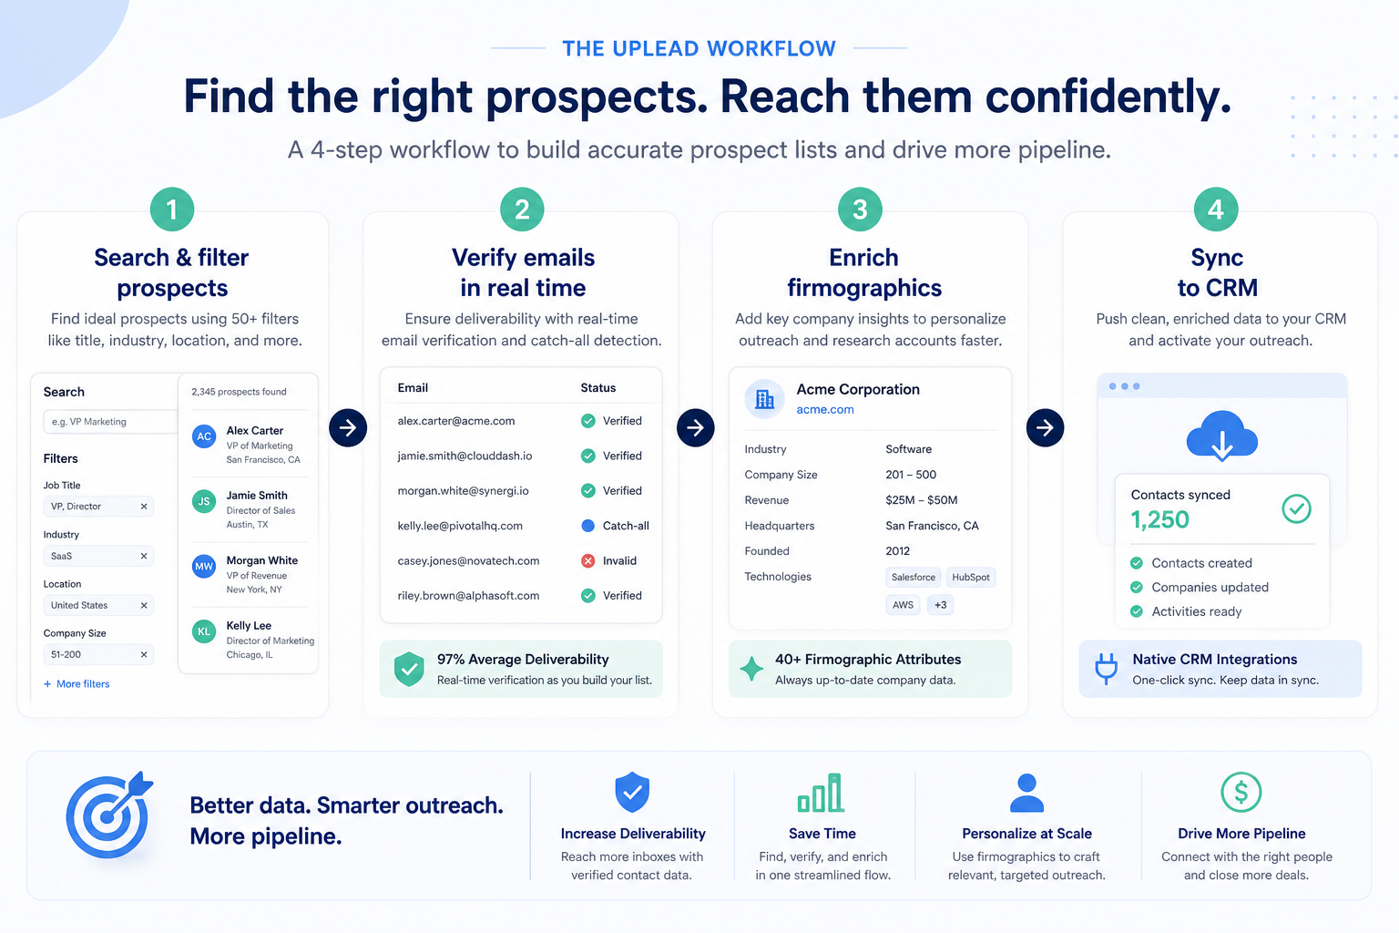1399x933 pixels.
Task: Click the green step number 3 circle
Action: [860, 210]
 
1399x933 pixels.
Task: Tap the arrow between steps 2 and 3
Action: [695, 427]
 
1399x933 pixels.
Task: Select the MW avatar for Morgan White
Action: [204, 566]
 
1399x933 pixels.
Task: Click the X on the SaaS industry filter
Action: [144, 556]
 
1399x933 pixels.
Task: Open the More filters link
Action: [77, 683]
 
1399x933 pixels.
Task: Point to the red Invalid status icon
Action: [587, 560]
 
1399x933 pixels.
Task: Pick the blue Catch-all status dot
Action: [587, 526]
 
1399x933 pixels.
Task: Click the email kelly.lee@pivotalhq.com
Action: [460, 526]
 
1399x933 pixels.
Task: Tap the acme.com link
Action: [824, 409]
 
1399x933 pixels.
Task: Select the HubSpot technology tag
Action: [971, 577]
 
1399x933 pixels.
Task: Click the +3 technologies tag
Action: [940, 604]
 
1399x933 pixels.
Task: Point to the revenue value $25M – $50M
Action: [921, 500]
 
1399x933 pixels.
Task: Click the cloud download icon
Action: [1221, 436]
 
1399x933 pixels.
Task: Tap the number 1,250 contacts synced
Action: [1159, 519]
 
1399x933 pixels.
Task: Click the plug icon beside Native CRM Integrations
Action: [1106, 668]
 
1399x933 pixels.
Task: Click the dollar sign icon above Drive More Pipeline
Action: [1241, 792]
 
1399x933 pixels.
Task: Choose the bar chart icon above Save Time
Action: [821, 793]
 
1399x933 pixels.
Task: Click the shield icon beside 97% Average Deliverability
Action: [409, 669]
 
